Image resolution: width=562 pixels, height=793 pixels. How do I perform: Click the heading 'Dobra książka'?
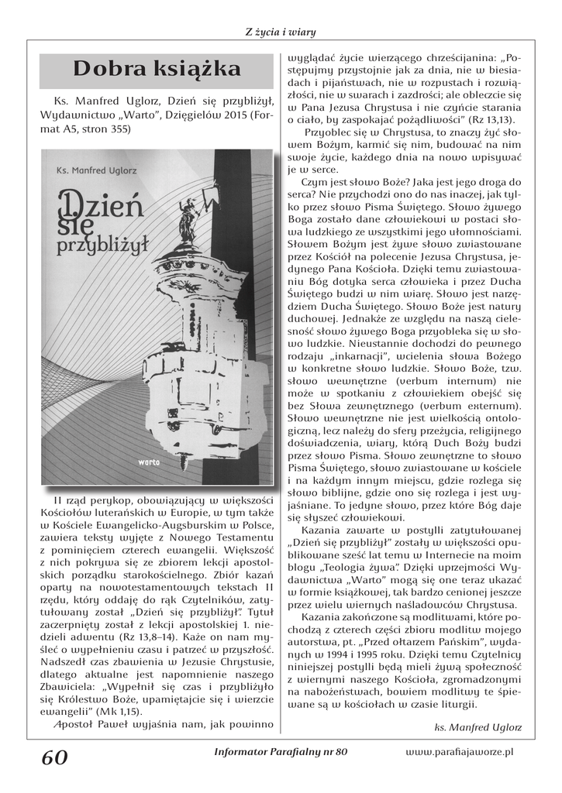(157, 70)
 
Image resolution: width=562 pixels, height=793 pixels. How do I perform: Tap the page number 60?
(55, 757)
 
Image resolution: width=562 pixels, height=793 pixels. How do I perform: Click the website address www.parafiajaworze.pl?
(460, 751)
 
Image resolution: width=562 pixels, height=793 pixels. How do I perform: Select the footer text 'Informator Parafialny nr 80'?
(280, 751)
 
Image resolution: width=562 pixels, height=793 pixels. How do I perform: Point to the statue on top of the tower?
(185, 221)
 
